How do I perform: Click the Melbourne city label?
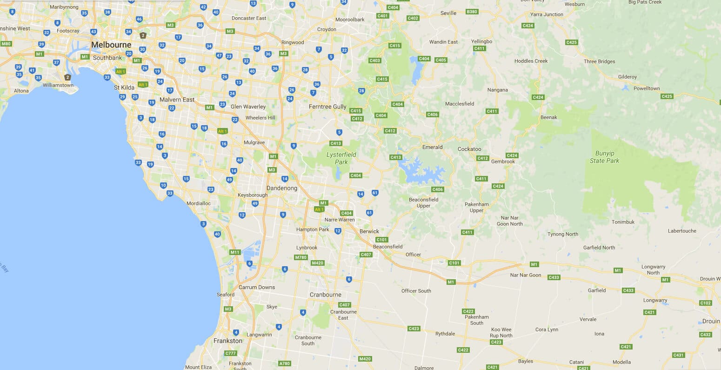111,45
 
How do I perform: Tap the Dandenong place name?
281,188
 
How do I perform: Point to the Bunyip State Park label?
604,157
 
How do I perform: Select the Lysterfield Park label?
341,158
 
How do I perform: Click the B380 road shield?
472,11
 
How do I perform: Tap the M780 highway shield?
300,257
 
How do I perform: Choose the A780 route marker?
284,363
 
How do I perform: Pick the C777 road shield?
231,353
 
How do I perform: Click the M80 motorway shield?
6,44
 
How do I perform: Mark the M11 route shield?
235,252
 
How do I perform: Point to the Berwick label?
369,231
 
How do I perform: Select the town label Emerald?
432,147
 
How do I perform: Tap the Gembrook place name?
503,161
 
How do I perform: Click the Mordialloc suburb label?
198,203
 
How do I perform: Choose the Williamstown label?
58,85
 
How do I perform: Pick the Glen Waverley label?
248,107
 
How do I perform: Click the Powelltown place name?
647,88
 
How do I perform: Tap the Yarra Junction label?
547,14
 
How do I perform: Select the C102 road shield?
705,303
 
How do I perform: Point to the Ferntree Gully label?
327,107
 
